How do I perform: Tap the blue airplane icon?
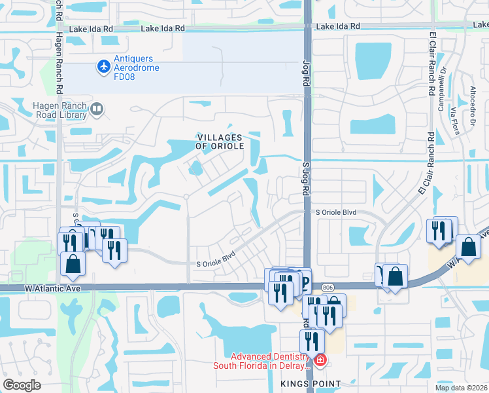click(103, 66)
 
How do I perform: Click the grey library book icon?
click(97, 109)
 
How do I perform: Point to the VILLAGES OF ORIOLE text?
click(220, 141)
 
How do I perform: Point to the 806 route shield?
click(327, 287)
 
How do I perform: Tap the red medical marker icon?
click(320, 360)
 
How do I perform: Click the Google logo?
click(22, 385)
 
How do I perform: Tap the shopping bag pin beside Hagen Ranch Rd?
click(73, 263)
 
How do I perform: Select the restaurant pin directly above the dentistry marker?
click(312, 341)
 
